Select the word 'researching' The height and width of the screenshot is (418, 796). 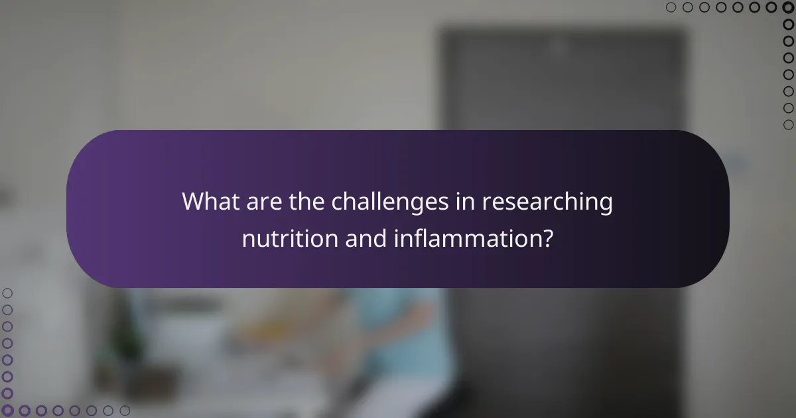coord(547,202)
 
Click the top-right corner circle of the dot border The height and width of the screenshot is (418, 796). coord(789,8)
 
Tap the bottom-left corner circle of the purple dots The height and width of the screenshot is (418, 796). coord(8,411)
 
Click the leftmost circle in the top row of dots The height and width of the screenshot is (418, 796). coord(671,8)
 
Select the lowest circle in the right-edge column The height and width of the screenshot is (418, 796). coord(789,125)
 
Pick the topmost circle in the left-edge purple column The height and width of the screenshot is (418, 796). coord(8,293)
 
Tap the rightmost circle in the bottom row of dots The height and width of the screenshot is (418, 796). coord(125,411)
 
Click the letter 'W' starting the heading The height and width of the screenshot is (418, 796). coord(191,202)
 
